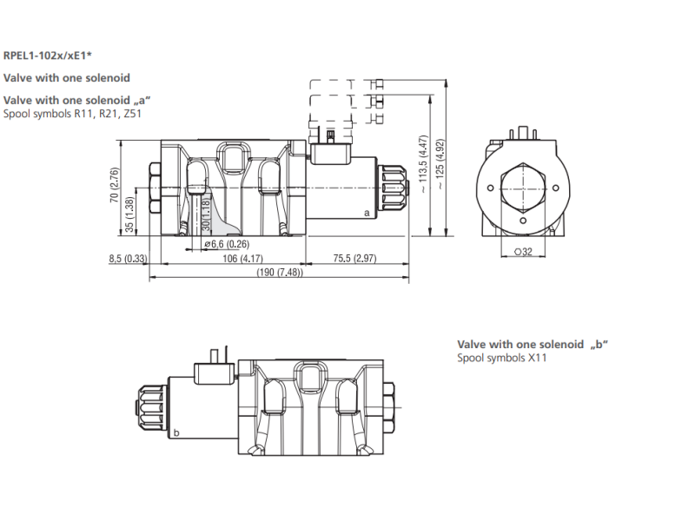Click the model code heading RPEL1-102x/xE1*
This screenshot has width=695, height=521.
[48, 56]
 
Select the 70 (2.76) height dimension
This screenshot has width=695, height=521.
[115, 185]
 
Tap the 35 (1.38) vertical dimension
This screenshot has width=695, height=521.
[129, 214]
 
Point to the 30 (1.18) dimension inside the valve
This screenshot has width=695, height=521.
[206, 214]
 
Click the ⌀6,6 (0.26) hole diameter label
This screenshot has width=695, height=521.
[227, 244]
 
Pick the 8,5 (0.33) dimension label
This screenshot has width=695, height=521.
[128, 258]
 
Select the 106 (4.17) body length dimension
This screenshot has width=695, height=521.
[242, 258]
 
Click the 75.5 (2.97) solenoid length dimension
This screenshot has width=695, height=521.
[354, 258]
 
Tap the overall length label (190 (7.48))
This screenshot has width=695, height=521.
[280, 272]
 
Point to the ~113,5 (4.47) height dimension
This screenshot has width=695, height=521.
[423, 164]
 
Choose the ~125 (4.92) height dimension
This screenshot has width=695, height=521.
[440, 164]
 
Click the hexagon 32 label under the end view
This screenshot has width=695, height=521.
[523, 252]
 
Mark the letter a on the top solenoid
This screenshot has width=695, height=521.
[367, 213]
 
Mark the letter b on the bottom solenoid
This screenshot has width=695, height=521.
[176, 432]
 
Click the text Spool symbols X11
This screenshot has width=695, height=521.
[502, 358]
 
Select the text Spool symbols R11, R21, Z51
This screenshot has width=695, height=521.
[72, 114]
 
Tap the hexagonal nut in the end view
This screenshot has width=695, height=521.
[523, 188]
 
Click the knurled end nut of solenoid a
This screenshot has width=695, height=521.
[393, 188]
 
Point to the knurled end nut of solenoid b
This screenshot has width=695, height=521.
[150, 407]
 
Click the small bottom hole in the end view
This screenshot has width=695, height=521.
[523, 221]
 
